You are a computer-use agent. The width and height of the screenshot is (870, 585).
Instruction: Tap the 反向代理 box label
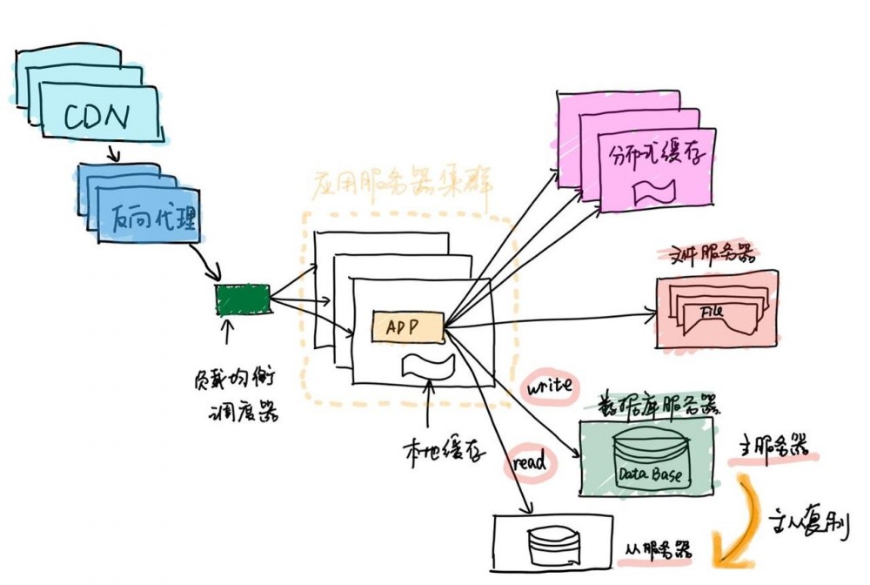[x=153, y=222]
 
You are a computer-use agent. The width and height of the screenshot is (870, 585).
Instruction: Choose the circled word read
[x=528, y=461]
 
